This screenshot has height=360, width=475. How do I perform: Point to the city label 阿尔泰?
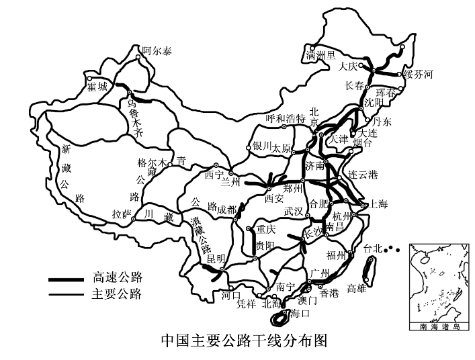(157, 51)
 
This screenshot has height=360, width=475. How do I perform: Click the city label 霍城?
(97, 87)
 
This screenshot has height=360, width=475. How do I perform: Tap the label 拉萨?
(122, 214)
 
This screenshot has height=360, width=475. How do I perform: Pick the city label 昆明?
(216, 258)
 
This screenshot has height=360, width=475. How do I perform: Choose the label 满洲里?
(320, 55)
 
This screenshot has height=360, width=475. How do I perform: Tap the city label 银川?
(261, 146)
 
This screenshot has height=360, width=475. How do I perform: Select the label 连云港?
(363, 174)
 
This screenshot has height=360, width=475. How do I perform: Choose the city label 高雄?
(357, 289)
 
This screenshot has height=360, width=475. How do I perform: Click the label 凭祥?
(247, 304)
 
